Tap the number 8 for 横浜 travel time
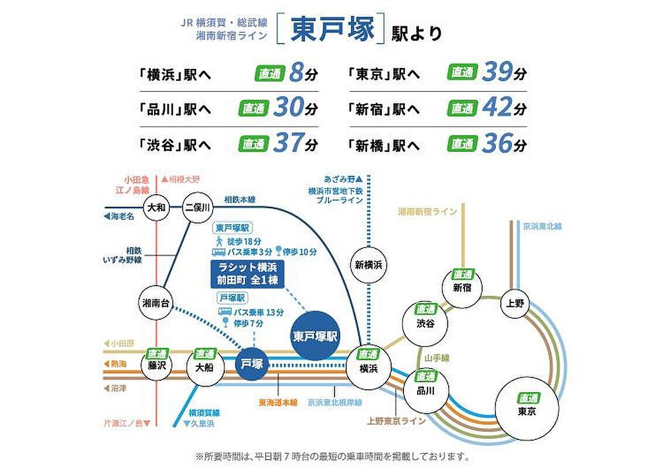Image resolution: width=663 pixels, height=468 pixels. tap(296, 74)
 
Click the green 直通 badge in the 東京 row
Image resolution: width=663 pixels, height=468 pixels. tap(463, 73)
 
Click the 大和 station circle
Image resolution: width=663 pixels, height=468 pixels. tap(156, 208)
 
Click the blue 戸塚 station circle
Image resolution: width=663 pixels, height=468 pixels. tap(253, 363)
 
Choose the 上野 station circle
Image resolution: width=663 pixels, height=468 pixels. tap(515, 303)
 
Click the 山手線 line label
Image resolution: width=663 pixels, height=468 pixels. tap(433, 356)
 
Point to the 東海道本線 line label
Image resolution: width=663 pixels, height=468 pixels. tap(278, 402)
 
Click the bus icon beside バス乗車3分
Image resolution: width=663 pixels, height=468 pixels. tap(218, 252)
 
